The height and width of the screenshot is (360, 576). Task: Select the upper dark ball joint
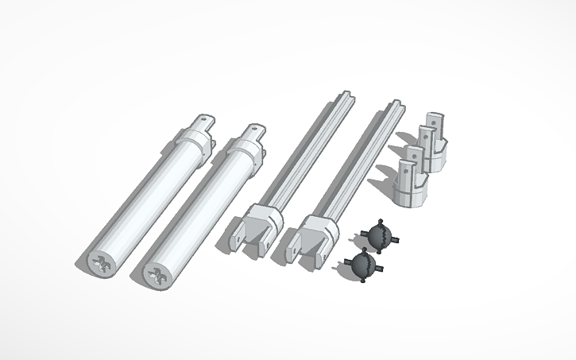pos(378,235)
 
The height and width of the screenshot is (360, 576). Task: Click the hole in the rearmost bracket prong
pos(433,121)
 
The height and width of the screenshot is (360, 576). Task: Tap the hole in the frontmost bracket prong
pos(404,168)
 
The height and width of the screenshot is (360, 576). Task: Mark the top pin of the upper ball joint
pos(381,221)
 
